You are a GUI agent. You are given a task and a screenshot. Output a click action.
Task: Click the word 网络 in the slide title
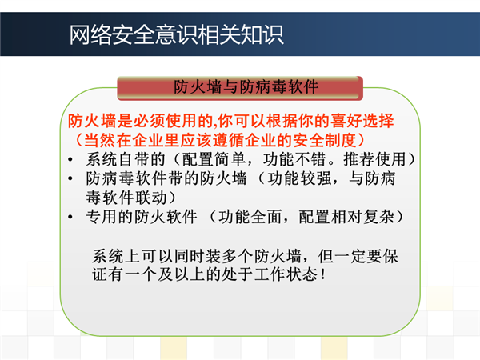click(90, 35)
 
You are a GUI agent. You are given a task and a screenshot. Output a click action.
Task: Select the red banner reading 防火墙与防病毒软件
click(240, 88)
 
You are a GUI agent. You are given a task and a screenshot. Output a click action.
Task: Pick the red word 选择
click(378, 121)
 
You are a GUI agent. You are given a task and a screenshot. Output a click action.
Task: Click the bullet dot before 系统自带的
click(70, 159)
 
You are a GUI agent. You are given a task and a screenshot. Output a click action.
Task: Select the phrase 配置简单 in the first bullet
click(214, 159)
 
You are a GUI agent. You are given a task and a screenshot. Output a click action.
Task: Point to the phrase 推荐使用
click(375, 159)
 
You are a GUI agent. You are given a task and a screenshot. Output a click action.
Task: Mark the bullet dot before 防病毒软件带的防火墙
click(70, 178)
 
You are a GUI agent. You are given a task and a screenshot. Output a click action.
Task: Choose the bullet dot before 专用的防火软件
click(70, 217)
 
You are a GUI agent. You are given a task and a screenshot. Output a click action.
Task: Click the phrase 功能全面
click(250, 217)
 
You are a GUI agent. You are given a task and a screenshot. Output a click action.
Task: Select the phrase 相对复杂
click(362, 217)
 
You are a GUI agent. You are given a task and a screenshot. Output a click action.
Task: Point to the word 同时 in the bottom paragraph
click(190, 256)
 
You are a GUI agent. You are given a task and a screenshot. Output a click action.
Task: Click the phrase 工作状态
click(286, 274)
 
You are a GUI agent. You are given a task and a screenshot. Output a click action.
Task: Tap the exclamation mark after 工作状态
click(322, 274)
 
